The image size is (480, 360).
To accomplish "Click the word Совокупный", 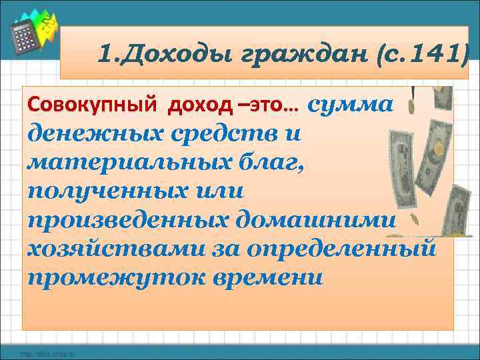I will point(91,105).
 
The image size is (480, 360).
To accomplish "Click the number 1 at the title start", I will point(104,51).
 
